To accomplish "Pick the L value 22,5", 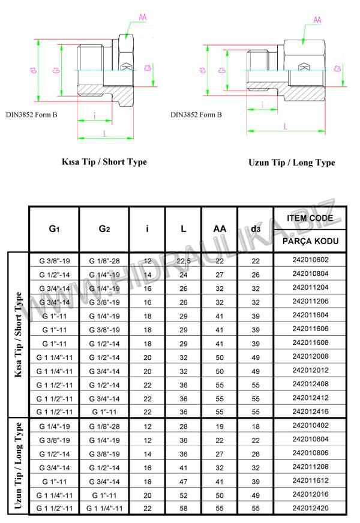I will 184,260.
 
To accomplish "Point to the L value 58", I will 184,509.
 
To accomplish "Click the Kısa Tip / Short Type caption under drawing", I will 104,161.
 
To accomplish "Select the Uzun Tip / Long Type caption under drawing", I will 292,163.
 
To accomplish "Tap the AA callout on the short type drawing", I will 142,17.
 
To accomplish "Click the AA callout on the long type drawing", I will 318,19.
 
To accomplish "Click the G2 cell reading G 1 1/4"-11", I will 104,509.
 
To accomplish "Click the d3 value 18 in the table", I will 255,426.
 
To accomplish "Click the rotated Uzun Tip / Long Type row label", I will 18,466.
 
